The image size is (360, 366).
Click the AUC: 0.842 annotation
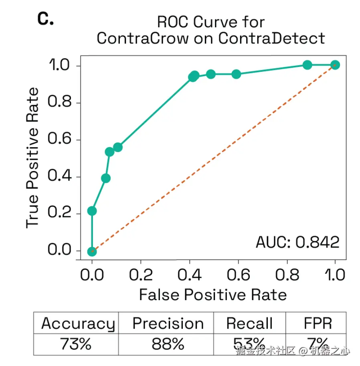click(x=297, y=242)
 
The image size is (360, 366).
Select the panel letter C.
click(x=45, y=19)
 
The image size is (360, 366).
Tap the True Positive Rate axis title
click(x=32, y=158)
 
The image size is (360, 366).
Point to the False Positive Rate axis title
click(x=213, y=295)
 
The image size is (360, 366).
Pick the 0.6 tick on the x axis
click(x=238, y=275)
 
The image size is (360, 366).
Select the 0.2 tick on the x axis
click(x=141, y=275)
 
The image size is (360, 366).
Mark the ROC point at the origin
click(x=92, y=251)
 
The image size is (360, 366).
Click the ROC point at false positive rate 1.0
click(x=335, y=65)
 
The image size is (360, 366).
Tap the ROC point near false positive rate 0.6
click(x=236, y=74)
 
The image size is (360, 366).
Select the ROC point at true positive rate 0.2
click(x=92, y=211)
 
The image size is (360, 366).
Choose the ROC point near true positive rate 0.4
click(x=106, y=178)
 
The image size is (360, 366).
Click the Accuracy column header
click(x=78, y=323)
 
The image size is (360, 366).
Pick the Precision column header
click(x=168, y=323)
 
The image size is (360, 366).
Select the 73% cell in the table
click(x=76, y=344)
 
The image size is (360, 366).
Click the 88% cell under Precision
click(x=168, y=344)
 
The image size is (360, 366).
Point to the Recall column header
click(x=249, y=323)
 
